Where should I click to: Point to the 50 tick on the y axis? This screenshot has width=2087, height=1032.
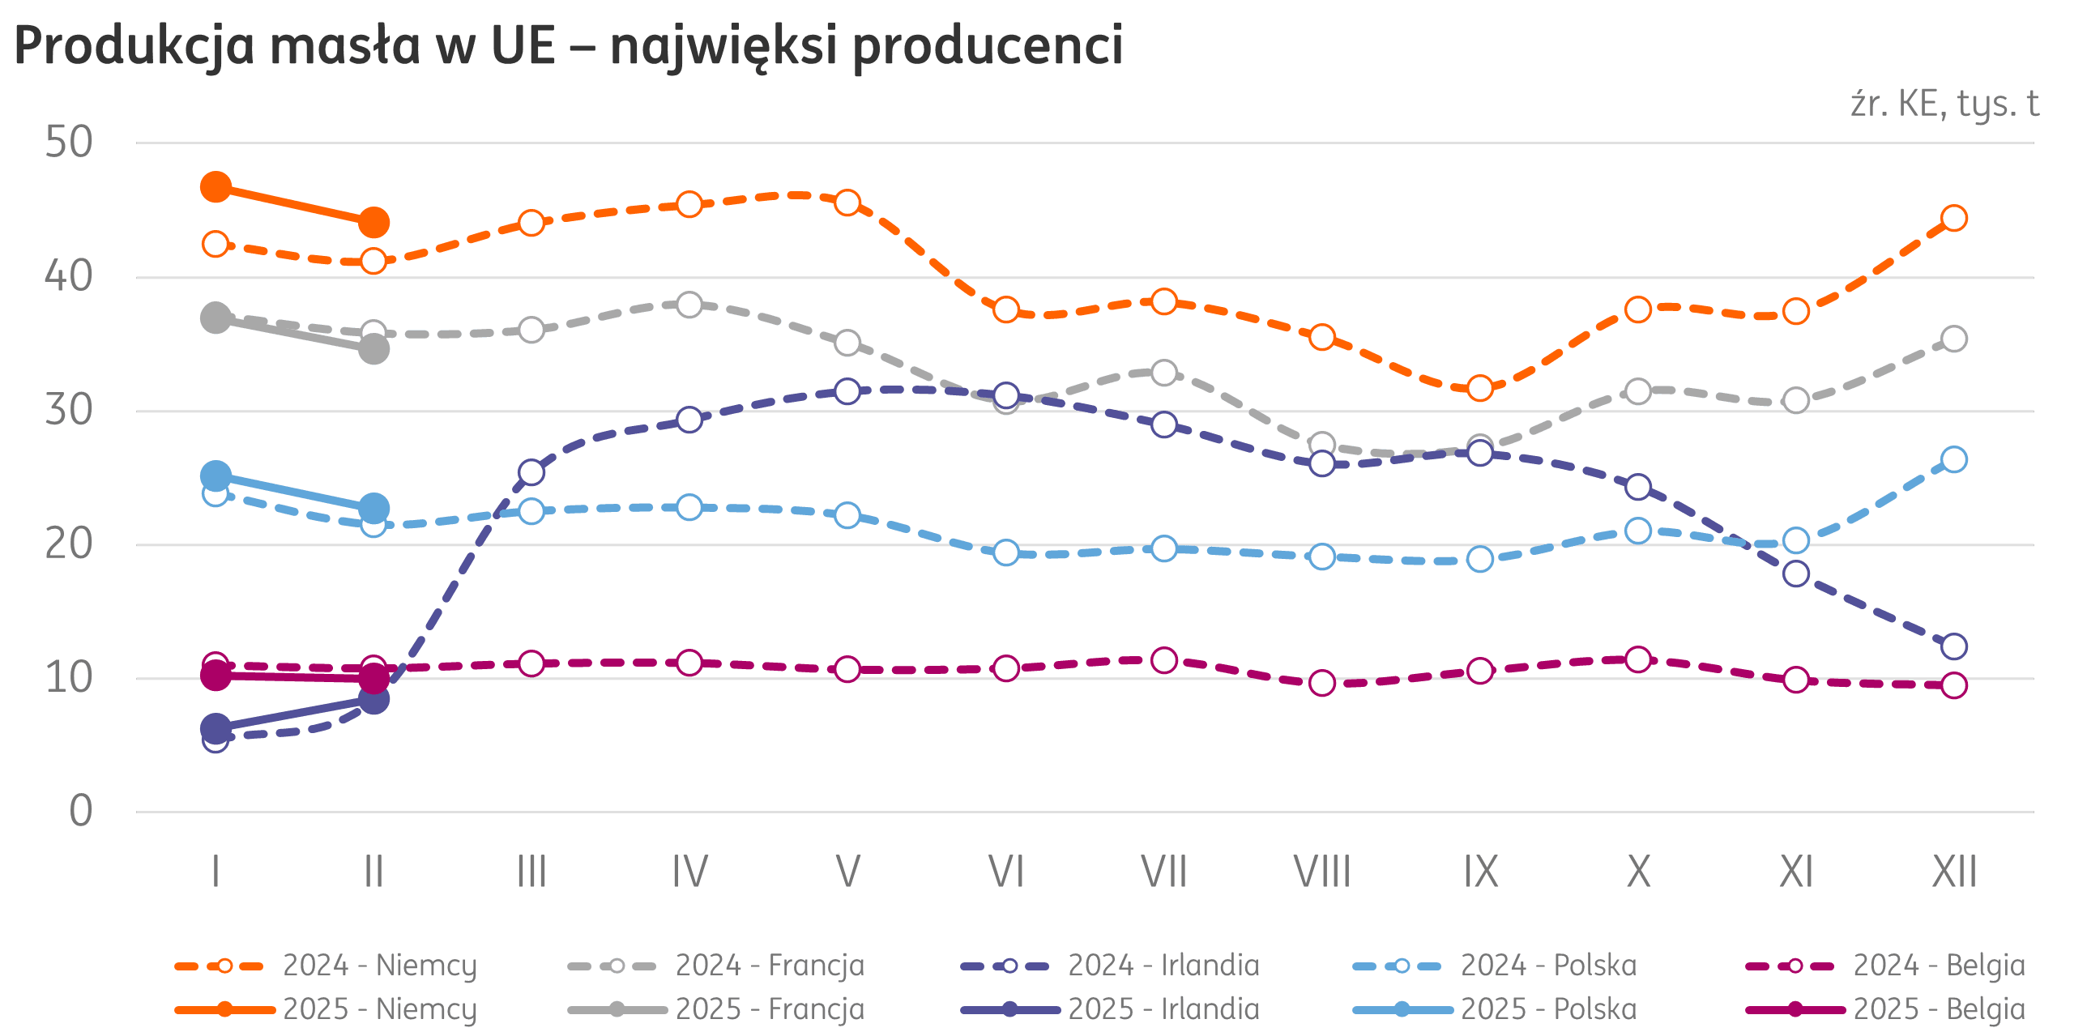69,143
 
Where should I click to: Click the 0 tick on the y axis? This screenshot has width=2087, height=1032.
80,811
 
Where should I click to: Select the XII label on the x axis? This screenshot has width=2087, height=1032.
1954,872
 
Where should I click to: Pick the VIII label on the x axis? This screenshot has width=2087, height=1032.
1322,872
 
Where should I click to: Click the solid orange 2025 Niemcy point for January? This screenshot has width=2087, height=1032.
216,187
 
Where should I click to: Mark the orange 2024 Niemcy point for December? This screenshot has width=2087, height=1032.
1954,218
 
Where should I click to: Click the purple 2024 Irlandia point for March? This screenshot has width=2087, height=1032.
531,472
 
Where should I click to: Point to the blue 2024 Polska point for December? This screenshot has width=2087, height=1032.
1954,459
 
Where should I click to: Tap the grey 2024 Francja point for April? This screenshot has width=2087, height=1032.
689,305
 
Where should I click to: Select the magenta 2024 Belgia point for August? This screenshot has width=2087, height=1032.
1322,683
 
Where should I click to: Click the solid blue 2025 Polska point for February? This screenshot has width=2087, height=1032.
373,508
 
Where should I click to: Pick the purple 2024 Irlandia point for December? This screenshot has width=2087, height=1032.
1954,646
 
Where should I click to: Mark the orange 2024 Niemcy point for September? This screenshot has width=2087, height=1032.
1480,388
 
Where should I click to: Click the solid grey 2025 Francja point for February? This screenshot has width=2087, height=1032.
373,349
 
